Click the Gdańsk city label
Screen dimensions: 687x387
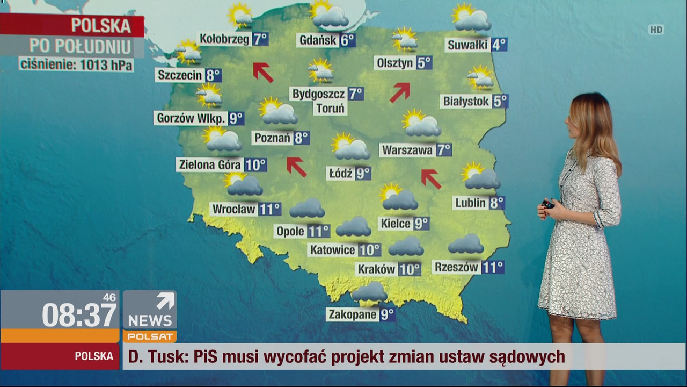[x=317, y=40]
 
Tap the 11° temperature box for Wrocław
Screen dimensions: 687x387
[x=270, y=209]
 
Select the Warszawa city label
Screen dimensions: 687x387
[x=407, y=150]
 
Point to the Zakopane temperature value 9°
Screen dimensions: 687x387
[x=387, y=314]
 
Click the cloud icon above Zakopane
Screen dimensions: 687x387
[x=369, y=292]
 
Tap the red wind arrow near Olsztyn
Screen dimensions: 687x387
[x=400, y=92]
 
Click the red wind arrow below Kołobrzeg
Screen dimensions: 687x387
[x=263, y=72]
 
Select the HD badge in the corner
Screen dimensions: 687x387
[x=656, y=30]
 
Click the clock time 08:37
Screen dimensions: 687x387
[x=79, y=315]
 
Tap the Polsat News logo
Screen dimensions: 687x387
[x=150, y=317]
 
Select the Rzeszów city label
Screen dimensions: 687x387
[x=456, y=267]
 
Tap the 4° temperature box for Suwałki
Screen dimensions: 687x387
[x=499, y=45]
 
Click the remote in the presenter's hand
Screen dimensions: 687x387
[x=547, y=205]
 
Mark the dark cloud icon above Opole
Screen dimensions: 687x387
[x=307, y=209]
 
